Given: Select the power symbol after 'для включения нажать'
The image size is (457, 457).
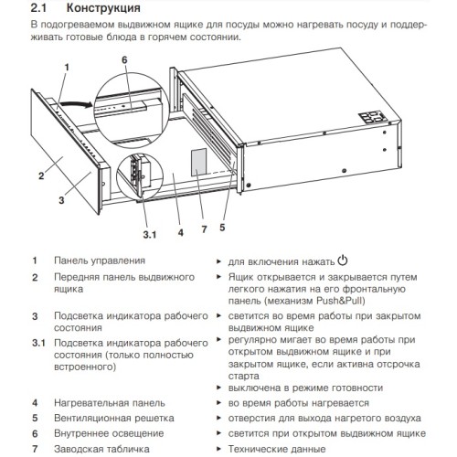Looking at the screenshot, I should pyautogui.click(x=342, y=260).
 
